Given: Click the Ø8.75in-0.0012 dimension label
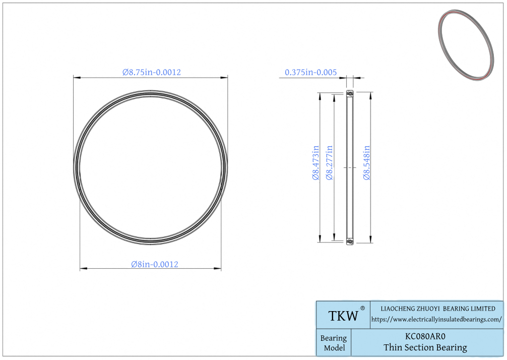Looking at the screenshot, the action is pyautogui.click(x=152, y=72).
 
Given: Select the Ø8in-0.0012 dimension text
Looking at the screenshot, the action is pyautogui.click(x=155, y=264).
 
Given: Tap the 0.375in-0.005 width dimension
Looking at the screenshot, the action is pyautogui.click(x=311, y=72).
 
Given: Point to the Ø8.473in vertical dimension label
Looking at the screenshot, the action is pyautogui.click(x=315, y=162).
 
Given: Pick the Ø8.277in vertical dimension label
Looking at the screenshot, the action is pyautogui.click(x=329, y=162).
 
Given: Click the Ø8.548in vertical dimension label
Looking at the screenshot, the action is pyautogui.click(x=366, y=162).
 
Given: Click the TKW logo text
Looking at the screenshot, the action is pyautogui.click(x=343, y=316).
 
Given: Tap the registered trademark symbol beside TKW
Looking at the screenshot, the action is pyautogui.click(x=362, y=308).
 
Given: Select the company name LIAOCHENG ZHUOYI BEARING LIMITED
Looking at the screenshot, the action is pyautogui.click(x=438, y=309).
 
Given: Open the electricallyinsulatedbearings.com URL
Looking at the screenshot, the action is pyautogui.click(x=436, y=319).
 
